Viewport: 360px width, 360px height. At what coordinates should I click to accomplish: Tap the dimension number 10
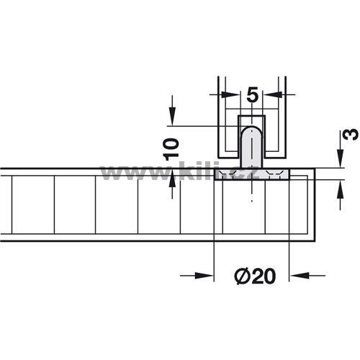click(x=171, y=149)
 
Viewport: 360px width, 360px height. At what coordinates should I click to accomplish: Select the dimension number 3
click(x=351, y=135)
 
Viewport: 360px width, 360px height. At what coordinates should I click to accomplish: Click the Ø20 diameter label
click(x=255, y=276)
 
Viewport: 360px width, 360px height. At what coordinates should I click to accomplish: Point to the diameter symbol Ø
click(x=242, y=276)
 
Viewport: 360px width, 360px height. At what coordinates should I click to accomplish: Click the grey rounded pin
click(x=251, y=147)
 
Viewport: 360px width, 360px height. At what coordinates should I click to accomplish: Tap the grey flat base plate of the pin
click(x=252, y=174)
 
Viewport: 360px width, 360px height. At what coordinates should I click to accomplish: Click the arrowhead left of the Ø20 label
click(x=204, y=276)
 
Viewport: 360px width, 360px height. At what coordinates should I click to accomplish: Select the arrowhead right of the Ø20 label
click(x=299, y=276)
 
